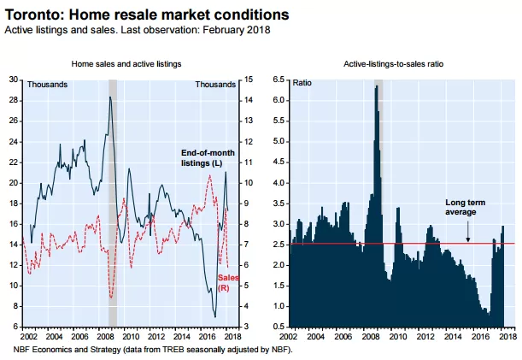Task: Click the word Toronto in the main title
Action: (33, 15)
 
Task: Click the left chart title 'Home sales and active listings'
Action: (126, 63)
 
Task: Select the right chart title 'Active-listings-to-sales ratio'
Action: (394, 63)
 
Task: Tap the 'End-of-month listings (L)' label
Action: (208, 157)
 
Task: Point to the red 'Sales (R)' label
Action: (228, 283)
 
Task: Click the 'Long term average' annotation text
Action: (465, 207)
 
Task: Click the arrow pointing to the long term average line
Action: (467, 232)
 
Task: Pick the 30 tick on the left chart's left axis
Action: (14, 80)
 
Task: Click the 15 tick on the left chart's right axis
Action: (249, 80)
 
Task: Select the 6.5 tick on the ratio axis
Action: (279, 80)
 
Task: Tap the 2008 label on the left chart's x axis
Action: (106, 336)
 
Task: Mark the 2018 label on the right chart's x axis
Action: (507, 336)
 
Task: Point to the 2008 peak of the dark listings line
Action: (110, 97)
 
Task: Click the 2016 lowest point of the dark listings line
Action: (215, 316)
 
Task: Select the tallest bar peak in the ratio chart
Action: (377, 86)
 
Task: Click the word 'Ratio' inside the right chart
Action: (302, 83)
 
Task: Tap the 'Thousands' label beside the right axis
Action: (215, 85)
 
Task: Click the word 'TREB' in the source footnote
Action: (172, 350)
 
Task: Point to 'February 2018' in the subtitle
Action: (237, 30)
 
